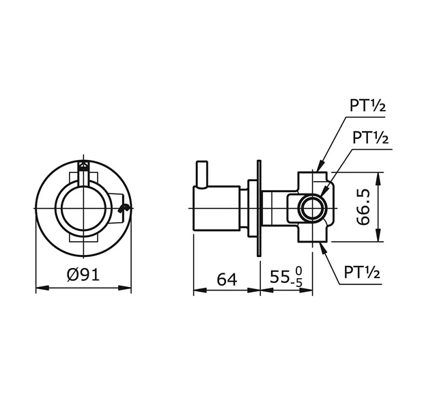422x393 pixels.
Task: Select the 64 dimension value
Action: (227, 278)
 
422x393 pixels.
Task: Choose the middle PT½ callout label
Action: (370, 137)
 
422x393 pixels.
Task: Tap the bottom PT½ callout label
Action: (361, 273)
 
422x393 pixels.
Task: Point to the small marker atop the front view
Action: (83, 166)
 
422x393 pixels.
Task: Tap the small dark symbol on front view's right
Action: (123, 209)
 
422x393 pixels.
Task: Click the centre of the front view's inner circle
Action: (83, 208)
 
